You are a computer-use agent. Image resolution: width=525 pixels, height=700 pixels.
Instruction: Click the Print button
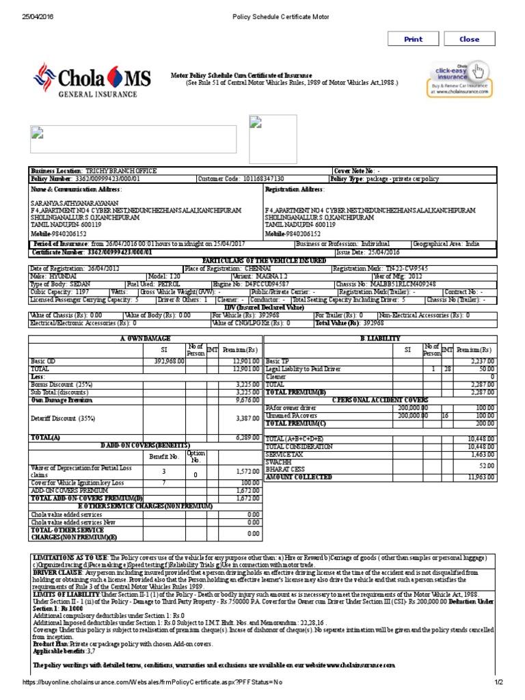(413, 39)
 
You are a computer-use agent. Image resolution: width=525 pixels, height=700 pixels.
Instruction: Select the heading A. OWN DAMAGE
(145, 338)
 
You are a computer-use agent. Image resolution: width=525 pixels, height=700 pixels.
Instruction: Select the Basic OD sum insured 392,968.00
(170, 361)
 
